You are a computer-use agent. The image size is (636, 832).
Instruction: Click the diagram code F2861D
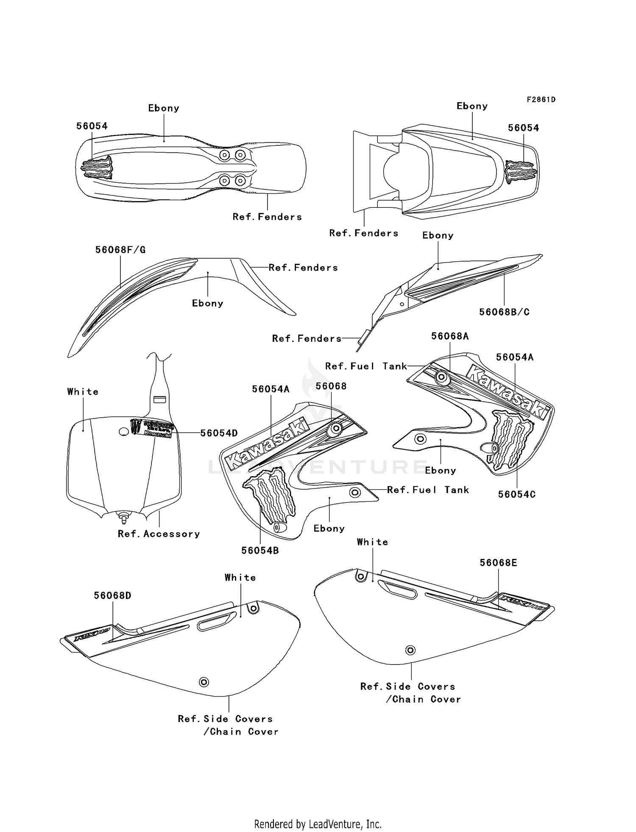(x=541, y=100)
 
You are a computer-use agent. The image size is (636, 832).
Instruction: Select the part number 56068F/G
(x=120, y=250)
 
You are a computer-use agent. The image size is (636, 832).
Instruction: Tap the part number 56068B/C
(x=504, y=312)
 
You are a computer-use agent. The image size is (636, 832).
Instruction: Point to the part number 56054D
(x=219, y=433)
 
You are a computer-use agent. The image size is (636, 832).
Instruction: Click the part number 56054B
(x=260, y=550)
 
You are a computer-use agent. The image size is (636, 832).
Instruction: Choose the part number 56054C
(x=517, y=494)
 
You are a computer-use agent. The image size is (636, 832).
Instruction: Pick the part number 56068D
(x=112, y=595)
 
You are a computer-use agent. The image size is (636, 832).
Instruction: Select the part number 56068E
(x=498, y=563)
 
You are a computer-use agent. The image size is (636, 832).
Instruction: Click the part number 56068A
(x=450, y=336)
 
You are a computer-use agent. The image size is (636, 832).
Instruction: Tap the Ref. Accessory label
(x=159, y=534)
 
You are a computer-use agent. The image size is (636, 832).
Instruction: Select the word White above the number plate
(x=83, y=392)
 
